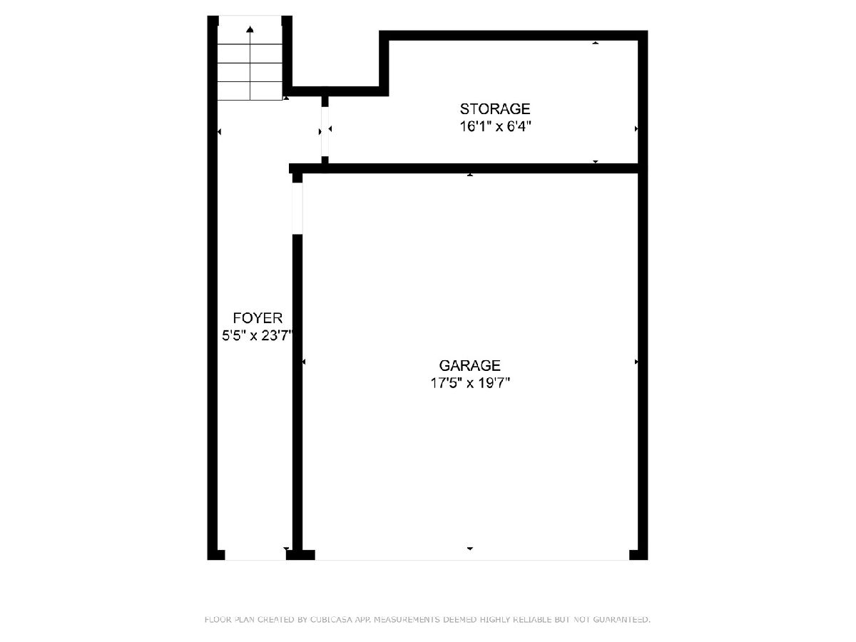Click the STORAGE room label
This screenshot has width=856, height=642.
[x=494, y=109]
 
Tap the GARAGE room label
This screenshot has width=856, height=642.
[x=469, y=366]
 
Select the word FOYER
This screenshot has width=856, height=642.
[x=258, y=318]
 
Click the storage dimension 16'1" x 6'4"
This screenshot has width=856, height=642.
[x=495, y=127]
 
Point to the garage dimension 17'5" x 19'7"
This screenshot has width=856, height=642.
[x=470, y=383]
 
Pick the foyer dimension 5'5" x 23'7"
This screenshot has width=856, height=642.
[x=257, y=335]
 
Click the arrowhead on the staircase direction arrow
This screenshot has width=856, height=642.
[x=250, y=29]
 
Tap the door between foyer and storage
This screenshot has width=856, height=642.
[x=325, y=131]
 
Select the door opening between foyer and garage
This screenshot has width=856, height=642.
[x=297, y=208]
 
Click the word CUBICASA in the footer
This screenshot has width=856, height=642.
[x=330, y=619]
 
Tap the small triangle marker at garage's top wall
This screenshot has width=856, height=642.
[x=470, y=175]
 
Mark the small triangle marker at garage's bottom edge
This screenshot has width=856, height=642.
[x=470, y=549]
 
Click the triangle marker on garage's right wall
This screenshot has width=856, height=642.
[x=636, y=362]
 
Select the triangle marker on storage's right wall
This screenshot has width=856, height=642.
[x=636, y=128]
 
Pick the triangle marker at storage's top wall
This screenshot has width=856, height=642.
[x=595, y=43]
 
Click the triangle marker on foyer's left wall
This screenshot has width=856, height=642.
[x=219, y=132]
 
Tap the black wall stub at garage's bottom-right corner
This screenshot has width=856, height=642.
[x=638, y=555]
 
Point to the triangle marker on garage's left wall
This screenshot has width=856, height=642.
[x=304, y=362]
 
